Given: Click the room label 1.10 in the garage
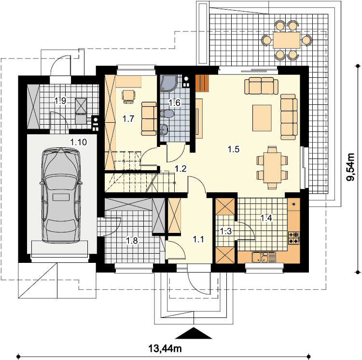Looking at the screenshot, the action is pyautogui.click(x=79, y=142).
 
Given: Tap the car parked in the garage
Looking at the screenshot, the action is pyautogui.click(x=61, y=195).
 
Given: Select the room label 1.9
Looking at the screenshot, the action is pyautogui.click(x=60, y=101).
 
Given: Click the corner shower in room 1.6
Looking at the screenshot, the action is pyautogui.click(x=169, y=83).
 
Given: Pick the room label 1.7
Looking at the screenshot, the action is pyautogui.click(x=128, y=119).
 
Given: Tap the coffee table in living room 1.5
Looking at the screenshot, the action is pyautogui.click(x=262, y=118).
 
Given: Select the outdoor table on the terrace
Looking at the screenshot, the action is pyautogui.click(x=286, y=40).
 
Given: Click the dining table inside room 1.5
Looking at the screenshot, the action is pyautogui.click(x=273, y=167).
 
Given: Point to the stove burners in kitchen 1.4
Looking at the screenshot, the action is pyautogui.click(x=294, y=238).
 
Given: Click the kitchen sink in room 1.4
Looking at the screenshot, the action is pyautogui.click(x=264, y=257).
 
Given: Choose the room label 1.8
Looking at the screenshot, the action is pyautogui.click(x=132, y=241).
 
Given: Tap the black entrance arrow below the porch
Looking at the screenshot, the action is pyautogui.click(x=194, y=333).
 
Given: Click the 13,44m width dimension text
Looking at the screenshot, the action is pyautogui.click(x=165, y=348).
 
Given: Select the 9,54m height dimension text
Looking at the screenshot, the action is pyautogui.click(x=351, y=167).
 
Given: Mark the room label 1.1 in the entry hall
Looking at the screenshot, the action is pyautogui.click(x=198, y=239).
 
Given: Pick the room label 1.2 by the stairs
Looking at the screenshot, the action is pyautogui.click(x=181, y=169).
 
